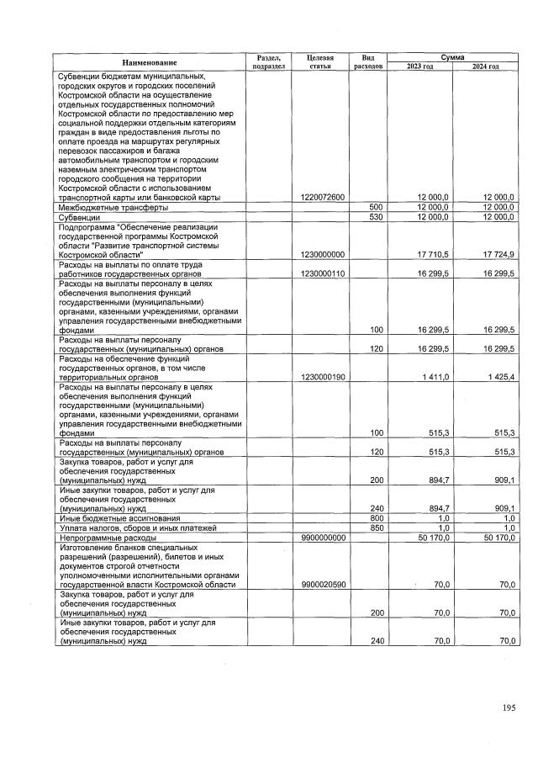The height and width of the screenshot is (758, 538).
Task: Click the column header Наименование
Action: point(149,62)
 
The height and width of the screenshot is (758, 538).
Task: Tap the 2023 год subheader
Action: point(419,66)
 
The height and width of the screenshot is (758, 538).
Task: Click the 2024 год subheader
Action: point(484,66)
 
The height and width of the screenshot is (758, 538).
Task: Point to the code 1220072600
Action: point(323,197)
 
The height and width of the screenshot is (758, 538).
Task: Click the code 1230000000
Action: point(323,252)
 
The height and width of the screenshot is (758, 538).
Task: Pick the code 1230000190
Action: point(323,378)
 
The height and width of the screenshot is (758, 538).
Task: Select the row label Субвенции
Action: point(80,217)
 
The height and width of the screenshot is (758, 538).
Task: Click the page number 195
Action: point(509,708)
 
